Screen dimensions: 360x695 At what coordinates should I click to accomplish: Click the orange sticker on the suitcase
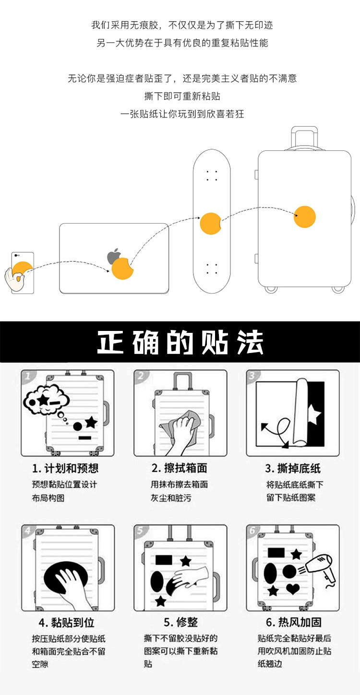[x=304, y=217]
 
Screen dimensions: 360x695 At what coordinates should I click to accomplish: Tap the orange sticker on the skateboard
[x=211, y=223]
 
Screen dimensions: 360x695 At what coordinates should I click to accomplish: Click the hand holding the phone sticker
[x=14, y=278]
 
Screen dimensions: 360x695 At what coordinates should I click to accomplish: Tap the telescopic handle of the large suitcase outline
[x=305, y=138]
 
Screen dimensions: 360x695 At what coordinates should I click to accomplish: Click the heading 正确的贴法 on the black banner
[x=180, y=342]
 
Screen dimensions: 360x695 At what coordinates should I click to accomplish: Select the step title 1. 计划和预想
[x=65, y=468]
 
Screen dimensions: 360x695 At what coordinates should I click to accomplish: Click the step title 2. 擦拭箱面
[x=179, y=468]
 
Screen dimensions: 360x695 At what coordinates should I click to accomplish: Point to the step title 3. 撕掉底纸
[x=292, y=468]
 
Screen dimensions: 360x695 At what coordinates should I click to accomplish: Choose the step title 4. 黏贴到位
[x=66, y=622]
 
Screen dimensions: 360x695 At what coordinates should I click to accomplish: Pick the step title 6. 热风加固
[x=293, y=622]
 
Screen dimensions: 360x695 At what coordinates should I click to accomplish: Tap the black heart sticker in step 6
[x=292, y=588]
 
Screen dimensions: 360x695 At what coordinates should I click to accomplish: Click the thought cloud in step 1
[x=46, y=400]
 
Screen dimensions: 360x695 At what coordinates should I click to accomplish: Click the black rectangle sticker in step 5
[x=164, y=560]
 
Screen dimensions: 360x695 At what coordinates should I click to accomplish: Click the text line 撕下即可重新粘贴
[x=182, y=96]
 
